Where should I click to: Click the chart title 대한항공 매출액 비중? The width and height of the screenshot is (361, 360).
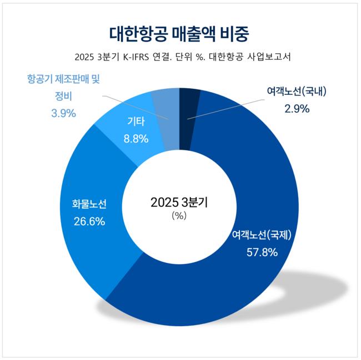tap(179, 32)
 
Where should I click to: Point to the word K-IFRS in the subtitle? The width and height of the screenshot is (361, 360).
tap(137, 58)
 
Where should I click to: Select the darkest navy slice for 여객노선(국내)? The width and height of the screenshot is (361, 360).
tap(189, 105)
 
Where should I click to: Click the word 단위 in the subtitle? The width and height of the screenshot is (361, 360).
tap(199, 58)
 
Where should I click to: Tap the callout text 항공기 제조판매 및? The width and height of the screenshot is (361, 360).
tap(63, 79)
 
